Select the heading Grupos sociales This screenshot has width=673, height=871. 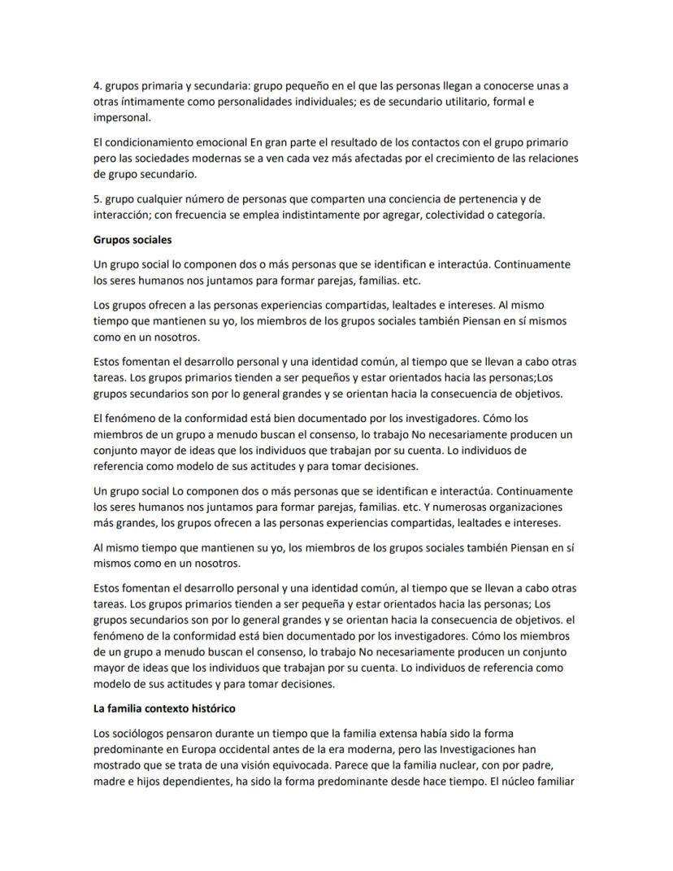pos(132,240)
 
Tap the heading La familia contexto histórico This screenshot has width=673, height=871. pos(164,708)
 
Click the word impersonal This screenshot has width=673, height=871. pos(122,117)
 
